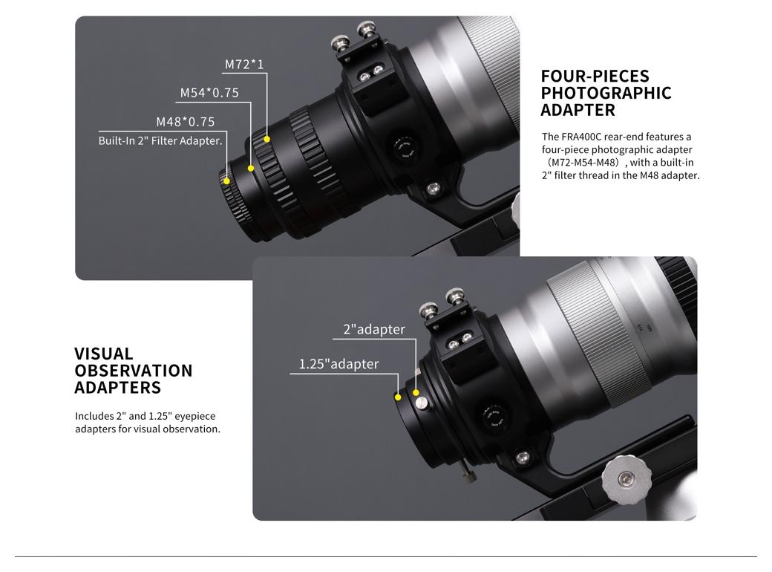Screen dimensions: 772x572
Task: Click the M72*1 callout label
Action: point(244,64)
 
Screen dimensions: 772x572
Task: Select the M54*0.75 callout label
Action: point(209,93)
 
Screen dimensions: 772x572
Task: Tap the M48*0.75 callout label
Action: point(186,122)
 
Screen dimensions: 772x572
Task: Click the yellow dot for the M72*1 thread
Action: point(266,139)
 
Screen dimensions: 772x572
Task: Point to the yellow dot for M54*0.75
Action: point(251,169)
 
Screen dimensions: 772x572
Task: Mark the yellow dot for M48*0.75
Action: point(226,181)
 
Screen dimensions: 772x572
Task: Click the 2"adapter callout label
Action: point(374,329)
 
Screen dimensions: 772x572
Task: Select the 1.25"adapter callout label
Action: point(338,363)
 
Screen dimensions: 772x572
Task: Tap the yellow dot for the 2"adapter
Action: point(416,393)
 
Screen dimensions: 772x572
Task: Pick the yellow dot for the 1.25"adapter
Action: point(398,397)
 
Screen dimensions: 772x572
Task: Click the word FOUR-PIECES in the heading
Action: point(595,76)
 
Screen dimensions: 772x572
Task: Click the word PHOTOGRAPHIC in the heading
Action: point(606,93)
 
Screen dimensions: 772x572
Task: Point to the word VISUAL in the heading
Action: point(104,354)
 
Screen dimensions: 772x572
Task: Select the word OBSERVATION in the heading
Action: point(134,371)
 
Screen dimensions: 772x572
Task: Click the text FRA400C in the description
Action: point(581,137)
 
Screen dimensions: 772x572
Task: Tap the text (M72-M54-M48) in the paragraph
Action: point(582,163)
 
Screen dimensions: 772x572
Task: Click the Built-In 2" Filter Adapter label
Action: point(160,141)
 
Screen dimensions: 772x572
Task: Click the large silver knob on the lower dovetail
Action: point(625,479)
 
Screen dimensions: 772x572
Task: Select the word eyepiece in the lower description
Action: point(195,416)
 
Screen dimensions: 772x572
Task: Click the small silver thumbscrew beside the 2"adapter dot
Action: point(422,404)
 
